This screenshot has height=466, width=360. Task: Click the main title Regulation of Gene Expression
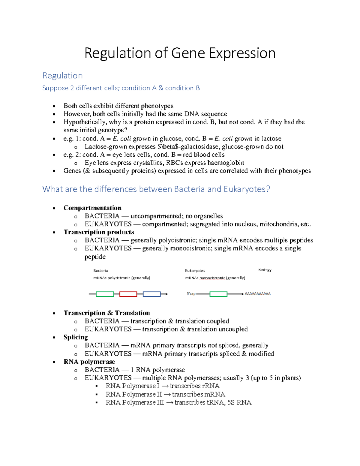click(x=180, y=53)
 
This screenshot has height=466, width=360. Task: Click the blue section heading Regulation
click(x=62, y=76)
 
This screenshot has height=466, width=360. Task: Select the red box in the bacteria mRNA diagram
click(x=128, y=294)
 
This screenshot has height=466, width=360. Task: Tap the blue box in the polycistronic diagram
click(x=151, y=294)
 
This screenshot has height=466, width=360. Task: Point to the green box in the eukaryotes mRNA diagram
click(x=218, y=294)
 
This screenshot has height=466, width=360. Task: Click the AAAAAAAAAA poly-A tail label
click(x=257, y=294)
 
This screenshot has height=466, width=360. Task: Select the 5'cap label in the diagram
click(x=191, y=294)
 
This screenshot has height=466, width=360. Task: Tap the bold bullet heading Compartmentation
click(x=92, y=208)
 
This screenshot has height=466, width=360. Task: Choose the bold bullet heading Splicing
click(x=76, y=337)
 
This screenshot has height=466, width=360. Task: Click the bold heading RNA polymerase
click(x=89, y=362)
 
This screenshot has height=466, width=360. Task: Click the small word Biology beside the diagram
click(x=265, y=270)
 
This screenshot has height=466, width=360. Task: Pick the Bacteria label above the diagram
click(x=101, y=271)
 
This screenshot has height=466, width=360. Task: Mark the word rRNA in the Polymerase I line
click(x=211, y=386)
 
